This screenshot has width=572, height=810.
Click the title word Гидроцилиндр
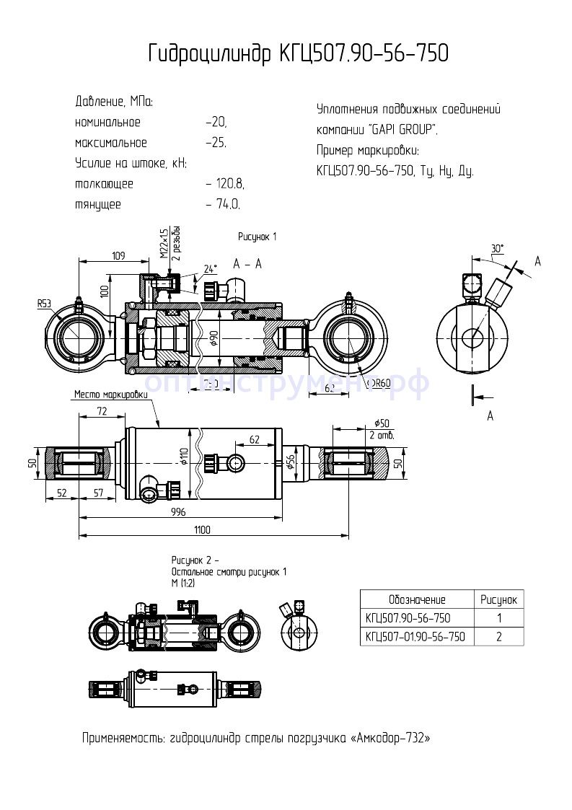click(x=210, y=54)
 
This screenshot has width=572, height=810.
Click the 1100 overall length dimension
click(x=201, y=530)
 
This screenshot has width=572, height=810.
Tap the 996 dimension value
click(x=177, y=511)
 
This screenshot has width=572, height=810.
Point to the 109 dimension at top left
click(x=119, y=255)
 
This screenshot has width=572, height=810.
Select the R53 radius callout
click(x=45, y=304)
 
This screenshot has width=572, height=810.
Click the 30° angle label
click(x=497, y=249)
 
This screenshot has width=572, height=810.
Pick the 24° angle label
click(x=210, y=269)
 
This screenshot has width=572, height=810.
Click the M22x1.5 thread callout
click(x=164, y=243)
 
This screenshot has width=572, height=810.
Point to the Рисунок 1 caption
click(x=258, y=237)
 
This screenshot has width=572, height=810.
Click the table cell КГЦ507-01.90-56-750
click(x=415, y=636)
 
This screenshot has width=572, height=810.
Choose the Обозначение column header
click(x=416, y=599)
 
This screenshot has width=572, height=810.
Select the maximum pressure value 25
click(x=217, y=143)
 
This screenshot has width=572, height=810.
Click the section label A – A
click(x=247, y=265)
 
